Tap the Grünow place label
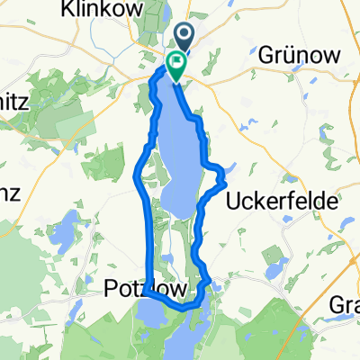(301, 55)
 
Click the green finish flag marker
(175, 65)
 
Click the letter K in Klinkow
(88, 10)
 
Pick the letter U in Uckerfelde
(231, 200)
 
